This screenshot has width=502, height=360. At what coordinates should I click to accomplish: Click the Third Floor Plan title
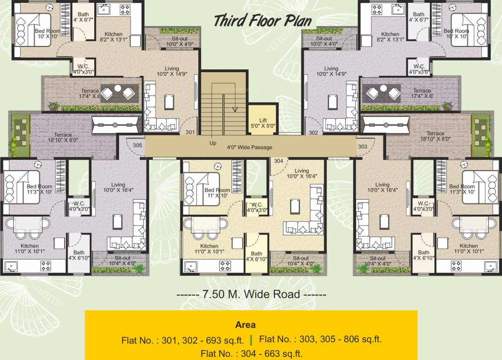[x=262, y=21]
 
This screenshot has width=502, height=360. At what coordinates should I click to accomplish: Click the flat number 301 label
[x=190, y=133]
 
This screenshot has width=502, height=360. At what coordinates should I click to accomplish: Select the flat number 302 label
[x=314, y=133]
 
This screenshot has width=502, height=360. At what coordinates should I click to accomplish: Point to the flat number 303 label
[x=362, y=147]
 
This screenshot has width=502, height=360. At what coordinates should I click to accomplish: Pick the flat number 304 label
[x=278, y=161]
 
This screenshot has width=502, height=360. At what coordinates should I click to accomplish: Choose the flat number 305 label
[x=137, y=145]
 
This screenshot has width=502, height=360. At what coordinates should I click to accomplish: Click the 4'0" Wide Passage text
[x=249, y=148]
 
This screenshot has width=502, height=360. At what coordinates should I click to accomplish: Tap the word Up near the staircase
[x=213, y=143]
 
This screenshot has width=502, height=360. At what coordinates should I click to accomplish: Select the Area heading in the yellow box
[x=245, y=324]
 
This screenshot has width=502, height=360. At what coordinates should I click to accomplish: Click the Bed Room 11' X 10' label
[x=217, y=193]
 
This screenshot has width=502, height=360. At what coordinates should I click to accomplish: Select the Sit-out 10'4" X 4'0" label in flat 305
[x=122, y=261]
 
